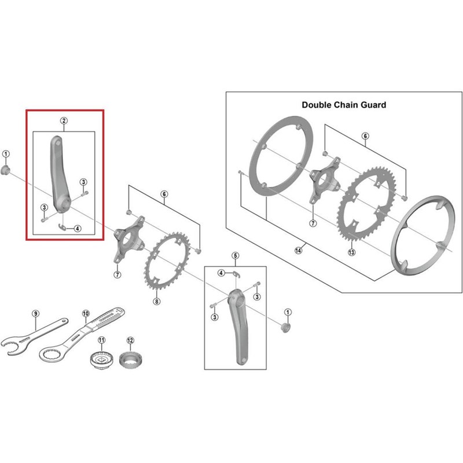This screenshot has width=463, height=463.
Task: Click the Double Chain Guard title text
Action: (x=344, y=105)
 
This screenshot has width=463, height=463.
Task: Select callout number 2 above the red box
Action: (x=64, y=121)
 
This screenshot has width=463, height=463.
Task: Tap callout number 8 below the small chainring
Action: (x=156, y=301)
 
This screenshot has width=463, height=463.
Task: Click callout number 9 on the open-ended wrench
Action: (x=35, y=314)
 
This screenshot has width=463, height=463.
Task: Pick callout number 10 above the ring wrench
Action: (x=85, y=314)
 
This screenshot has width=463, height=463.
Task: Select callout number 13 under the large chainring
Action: (x=351, y=252)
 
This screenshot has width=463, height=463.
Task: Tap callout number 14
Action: (x=298, y=250)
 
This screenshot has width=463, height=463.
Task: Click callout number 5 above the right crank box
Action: (x=236, y=255)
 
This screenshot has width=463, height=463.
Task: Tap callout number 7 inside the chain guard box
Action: (x=313, y=222)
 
